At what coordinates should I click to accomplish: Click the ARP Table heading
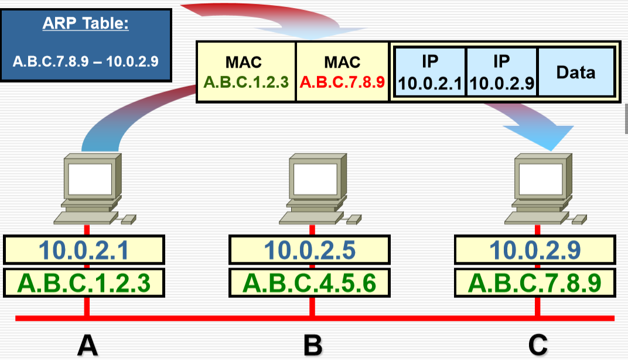tap(86, 25)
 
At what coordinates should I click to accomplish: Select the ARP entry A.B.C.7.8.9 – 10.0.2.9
tap(86, 61)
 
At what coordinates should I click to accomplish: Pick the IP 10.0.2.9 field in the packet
tap(501, 72)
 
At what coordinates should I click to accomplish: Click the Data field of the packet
tap(575, 72)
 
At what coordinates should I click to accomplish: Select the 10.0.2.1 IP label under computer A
tap(84, 250)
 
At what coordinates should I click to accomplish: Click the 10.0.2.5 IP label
tap(309, 250)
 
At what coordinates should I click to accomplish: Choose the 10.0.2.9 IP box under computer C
tap(535, 250)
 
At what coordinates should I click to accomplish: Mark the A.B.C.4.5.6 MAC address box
tap(309, 283)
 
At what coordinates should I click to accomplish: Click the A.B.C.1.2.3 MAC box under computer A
tap(84, 283)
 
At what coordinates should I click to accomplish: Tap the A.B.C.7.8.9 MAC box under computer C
tap(535, 283)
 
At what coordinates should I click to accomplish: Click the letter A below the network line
tap(87, 345)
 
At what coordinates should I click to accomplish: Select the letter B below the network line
tap(313, 345)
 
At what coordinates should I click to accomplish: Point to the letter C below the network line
tap(537, 345)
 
